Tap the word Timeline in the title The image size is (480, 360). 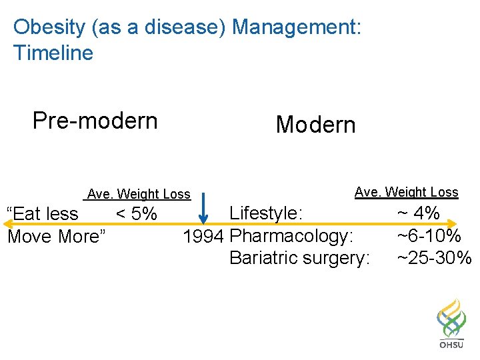pos(53,53)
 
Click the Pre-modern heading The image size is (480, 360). pos(95,121)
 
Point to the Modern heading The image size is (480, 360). pos(315,125)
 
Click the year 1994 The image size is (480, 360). pos(203,237)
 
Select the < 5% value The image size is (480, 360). pos(137,214)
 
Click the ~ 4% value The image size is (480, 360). pos(418,213)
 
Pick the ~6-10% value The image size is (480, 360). pos(429,236)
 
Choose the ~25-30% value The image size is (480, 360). pos(434,258)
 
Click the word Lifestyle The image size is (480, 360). pos(265,213)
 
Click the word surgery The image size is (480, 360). pos(336,259)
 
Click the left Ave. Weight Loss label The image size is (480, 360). pos(139,194)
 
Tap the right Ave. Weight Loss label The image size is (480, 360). pos(406,192)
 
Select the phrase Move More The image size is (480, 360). pos(56,237)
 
